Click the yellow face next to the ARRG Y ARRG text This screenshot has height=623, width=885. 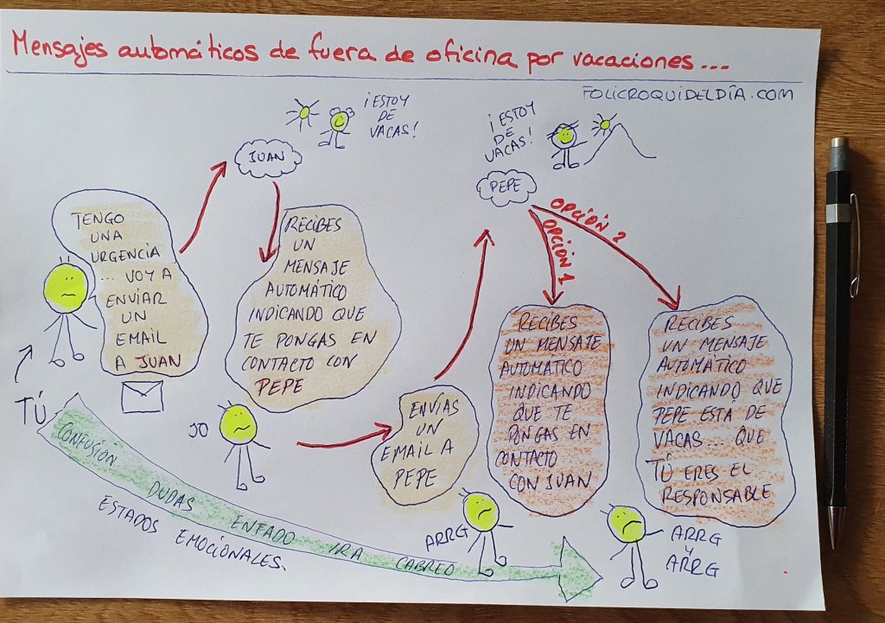pyautogui.click(x=628, y=524)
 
